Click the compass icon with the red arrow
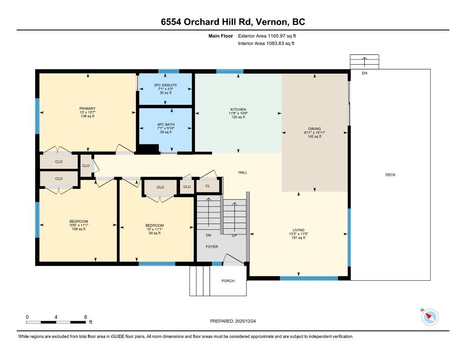[x=430, y=317]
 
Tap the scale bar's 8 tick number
[x=86, y=317]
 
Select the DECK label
[x=390, y=175]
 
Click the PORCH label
[x=228, y=281]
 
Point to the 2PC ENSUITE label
[x=165, y=85]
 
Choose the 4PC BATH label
[x=166, y=124]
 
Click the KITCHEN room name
[x=238, y=109]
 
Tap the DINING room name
[x=315, y=129]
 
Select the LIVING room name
[x=298, y=230]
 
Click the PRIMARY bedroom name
[x=87, y=108]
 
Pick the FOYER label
[x=211, y=247]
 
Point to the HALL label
[x=242, y=172]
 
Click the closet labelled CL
[x=208, y=186]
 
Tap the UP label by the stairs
[x=234, y=235]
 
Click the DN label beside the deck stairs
[x=365, y=73]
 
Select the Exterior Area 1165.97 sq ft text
[x=267, y=36]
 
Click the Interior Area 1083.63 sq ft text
[x=266, y=44]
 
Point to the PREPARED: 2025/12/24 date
[x=233, y=321]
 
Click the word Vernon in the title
[x=272, y=22]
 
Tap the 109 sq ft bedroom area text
[x=79, y=229]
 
